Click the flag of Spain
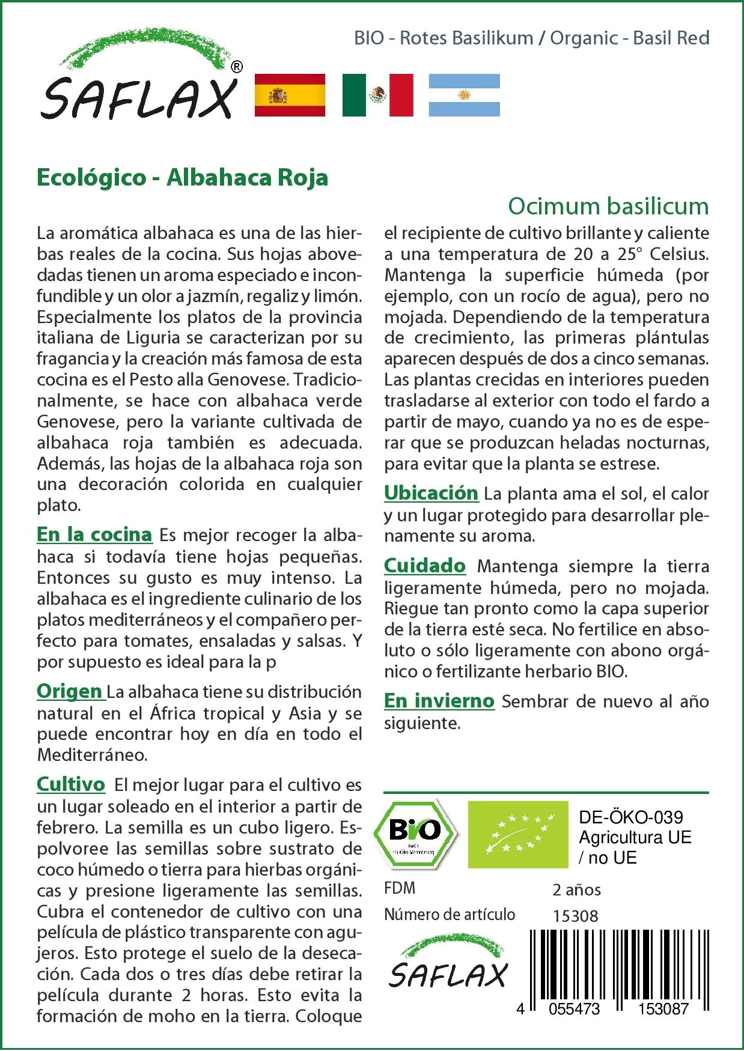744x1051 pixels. [x=290, y=95]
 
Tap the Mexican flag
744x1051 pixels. [x=377, y=95]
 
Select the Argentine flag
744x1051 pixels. [x=464, y=95]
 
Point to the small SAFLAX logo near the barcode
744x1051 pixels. [x=448, y=965]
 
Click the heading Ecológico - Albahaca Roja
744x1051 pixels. [x=182, y=178]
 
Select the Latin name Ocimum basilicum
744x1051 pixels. [x=608, y=206]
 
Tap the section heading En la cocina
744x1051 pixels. [x=94, y=534]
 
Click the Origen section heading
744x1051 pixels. [x=69, y=691]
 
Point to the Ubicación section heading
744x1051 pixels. [x=431, y=493]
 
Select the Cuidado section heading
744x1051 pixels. [x=424, y=565]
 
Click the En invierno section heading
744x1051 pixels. [x=439, y=700]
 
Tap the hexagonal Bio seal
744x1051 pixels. [x=415, y=833]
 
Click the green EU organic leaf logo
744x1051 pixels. [x=517, y=834]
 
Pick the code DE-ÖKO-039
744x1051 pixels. [x=630, y=817]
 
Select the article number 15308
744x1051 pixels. [x=575, y=916]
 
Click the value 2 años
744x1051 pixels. [x=576, y=889]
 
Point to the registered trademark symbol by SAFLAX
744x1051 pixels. [x=237, y=67]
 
